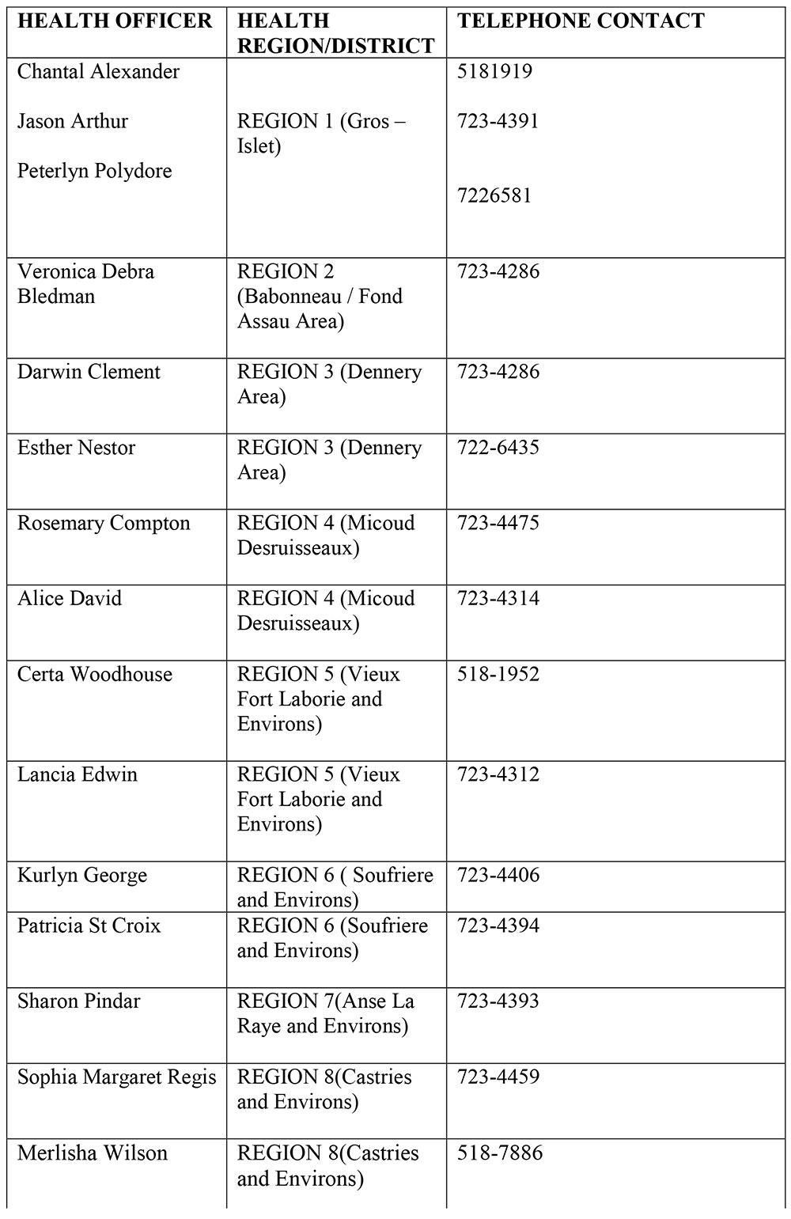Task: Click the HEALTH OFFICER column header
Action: (115, 21)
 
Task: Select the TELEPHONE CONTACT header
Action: (581, 21)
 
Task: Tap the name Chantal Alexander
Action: (98, 72)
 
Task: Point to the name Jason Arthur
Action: (72, 122)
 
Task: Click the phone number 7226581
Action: (494, 195)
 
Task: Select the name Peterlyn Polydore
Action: (94, 172)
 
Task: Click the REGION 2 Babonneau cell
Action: (320, 297)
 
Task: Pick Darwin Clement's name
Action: (89, 373)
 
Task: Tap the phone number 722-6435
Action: (498, 448)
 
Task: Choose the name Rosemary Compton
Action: (104, 524)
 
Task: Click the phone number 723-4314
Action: (498, 599)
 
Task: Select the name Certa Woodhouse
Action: (94, 675)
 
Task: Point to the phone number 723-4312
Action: (498, 774)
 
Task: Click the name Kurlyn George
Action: (82, 876)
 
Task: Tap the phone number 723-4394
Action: (498, 926)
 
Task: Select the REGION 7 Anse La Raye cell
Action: (325, 1013)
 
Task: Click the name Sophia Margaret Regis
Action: (116, 1077)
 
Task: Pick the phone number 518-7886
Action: (499, 1153)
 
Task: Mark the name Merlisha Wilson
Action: (93, 1153)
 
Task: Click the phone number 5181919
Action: (494, 72)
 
